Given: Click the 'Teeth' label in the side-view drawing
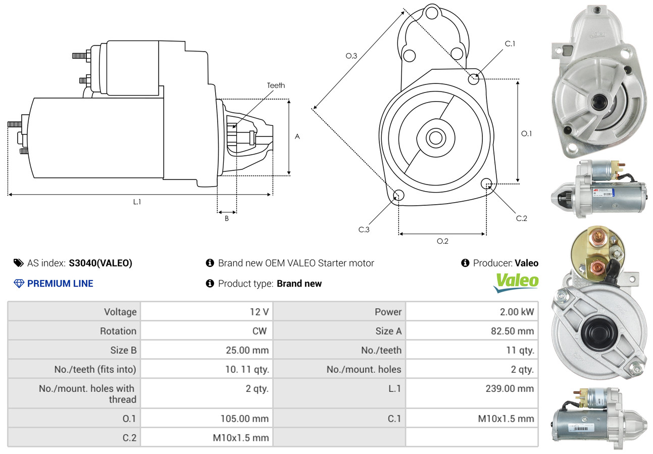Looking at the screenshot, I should coord(276,85).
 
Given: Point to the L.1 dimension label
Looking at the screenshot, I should coord(137,202).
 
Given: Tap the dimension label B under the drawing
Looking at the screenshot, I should coord(227,218).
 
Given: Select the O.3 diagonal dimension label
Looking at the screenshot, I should coord(351,56).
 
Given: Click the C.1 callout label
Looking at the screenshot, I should coord(510,43).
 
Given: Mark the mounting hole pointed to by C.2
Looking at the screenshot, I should coord(487,183).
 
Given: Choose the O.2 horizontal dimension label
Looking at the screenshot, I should coord(442,241).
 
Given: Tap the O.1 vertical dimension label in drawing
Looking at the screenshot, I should coord(526,133).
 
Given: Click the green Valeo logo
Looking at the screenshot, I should coord(516,282).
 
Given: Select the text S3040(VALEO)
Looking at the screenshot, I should coord(101,263).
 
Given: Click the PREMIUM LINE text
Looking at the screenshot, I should coord(60,284).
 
